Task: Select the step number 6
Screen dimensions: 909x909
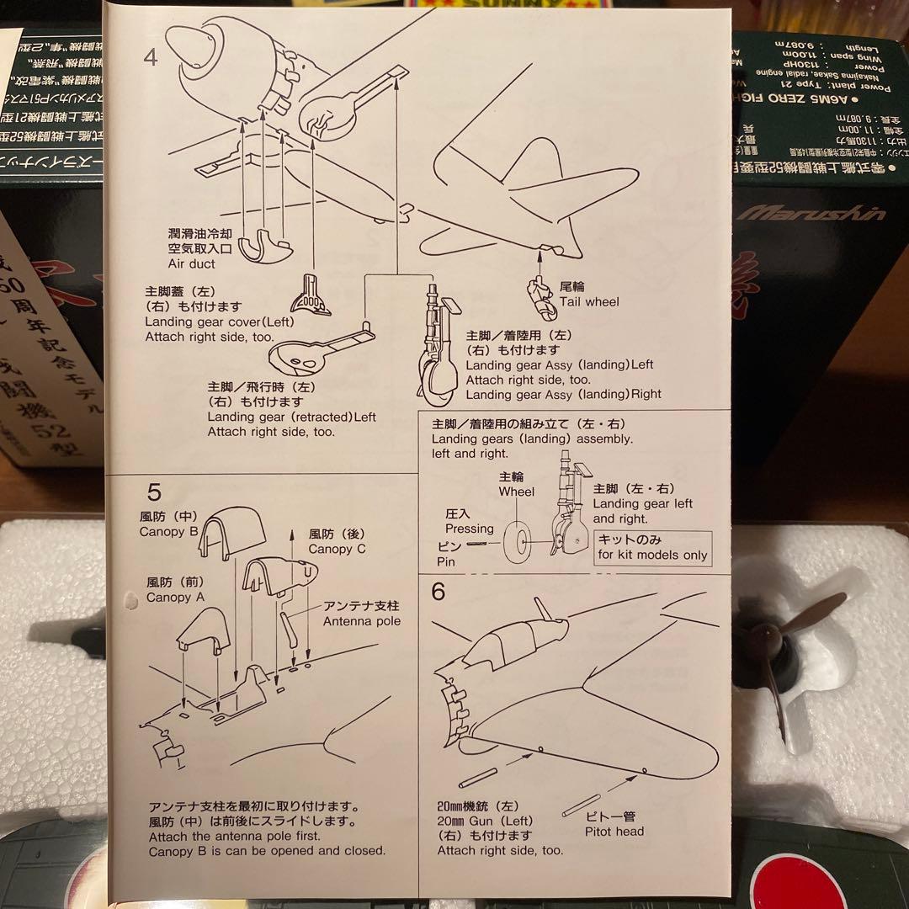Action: pyautogui.click(x=438, y=592)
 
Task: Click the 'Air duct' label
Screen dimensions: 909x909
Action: pyautogui.click(x=190, y=263)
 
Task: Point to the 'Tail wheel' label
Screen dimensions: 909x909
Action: pyautogui.click(x=589, y=301)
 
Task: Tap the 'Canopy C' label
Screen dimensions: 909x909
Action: pyautogui.click(x=337, y=549)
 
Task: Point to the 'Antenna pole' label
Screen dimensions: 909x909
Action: pyautogui.click(x=362, y=621)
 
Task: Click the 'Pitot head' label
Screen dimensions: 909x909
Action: pyautogui.click(x=614, y=832)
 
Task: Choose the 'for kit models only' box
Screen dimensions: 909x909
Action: pyautogui.click(x=652, y=547)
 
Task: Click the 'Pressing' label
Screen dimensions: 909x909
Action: pyautogui.click(x=470, y=529)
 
